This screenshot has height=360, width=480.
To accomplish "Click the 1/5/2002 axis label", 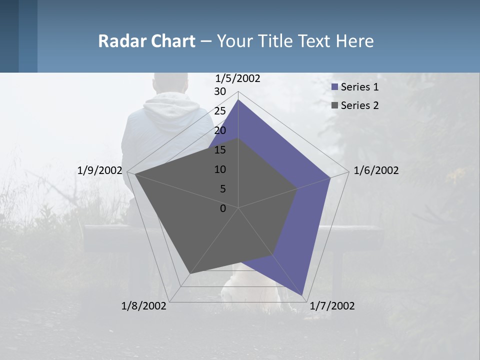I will [238, 78].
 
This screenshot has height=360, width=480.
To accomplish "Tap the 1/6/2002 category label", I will [376, 170].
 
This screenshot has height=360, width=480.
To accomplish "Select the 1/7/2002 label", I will [332, 306].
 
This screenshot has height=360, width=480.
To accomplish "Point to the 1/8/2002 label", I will [144, 306].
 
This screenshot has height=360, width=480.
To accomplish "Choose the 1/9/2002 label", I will [100, 170].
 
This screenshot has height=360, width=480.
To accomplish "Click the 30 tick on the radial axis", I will [220, 91].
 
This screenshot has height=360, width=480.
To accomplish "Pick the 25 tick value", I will [220, 111].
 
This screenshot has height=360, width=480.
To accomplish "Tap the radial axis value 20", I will [220, 130].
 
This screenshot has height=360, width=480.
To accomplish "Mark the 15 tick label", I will [220, 150].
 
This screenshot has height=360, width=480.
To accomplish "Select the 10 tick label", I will [220, 169].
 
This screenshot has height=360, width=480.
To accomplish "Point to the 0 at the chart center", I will [223, 208].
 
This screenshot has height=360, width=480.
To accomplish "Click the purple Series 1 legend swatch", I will [334, 87].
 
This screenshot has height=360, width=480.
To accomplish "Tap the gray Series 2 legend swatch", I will [334, 105].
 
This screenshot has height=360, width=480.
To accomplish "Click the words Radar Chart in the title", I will [146, 41].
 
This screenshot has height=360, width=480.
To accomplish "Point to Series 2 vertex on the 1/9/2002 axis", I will [135, 174].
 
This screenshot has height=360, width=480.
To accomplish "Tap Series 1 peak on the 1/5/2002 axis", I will [238, 100].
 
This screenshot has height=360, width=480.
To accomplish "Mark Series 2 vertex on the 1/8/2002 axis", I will [190, 273].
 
